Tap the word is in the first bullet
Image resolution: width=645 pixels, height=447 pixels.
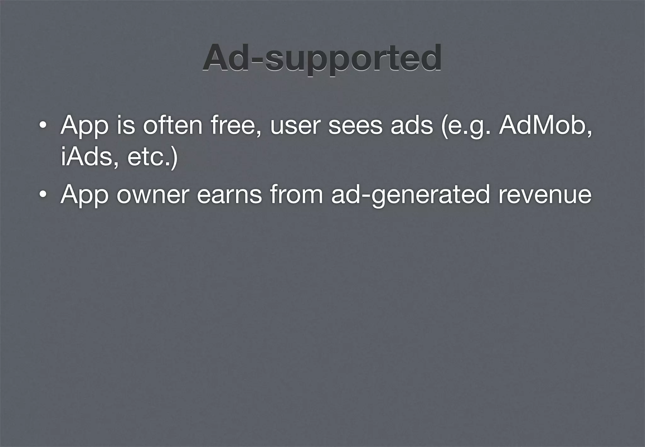coord(126,125)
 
